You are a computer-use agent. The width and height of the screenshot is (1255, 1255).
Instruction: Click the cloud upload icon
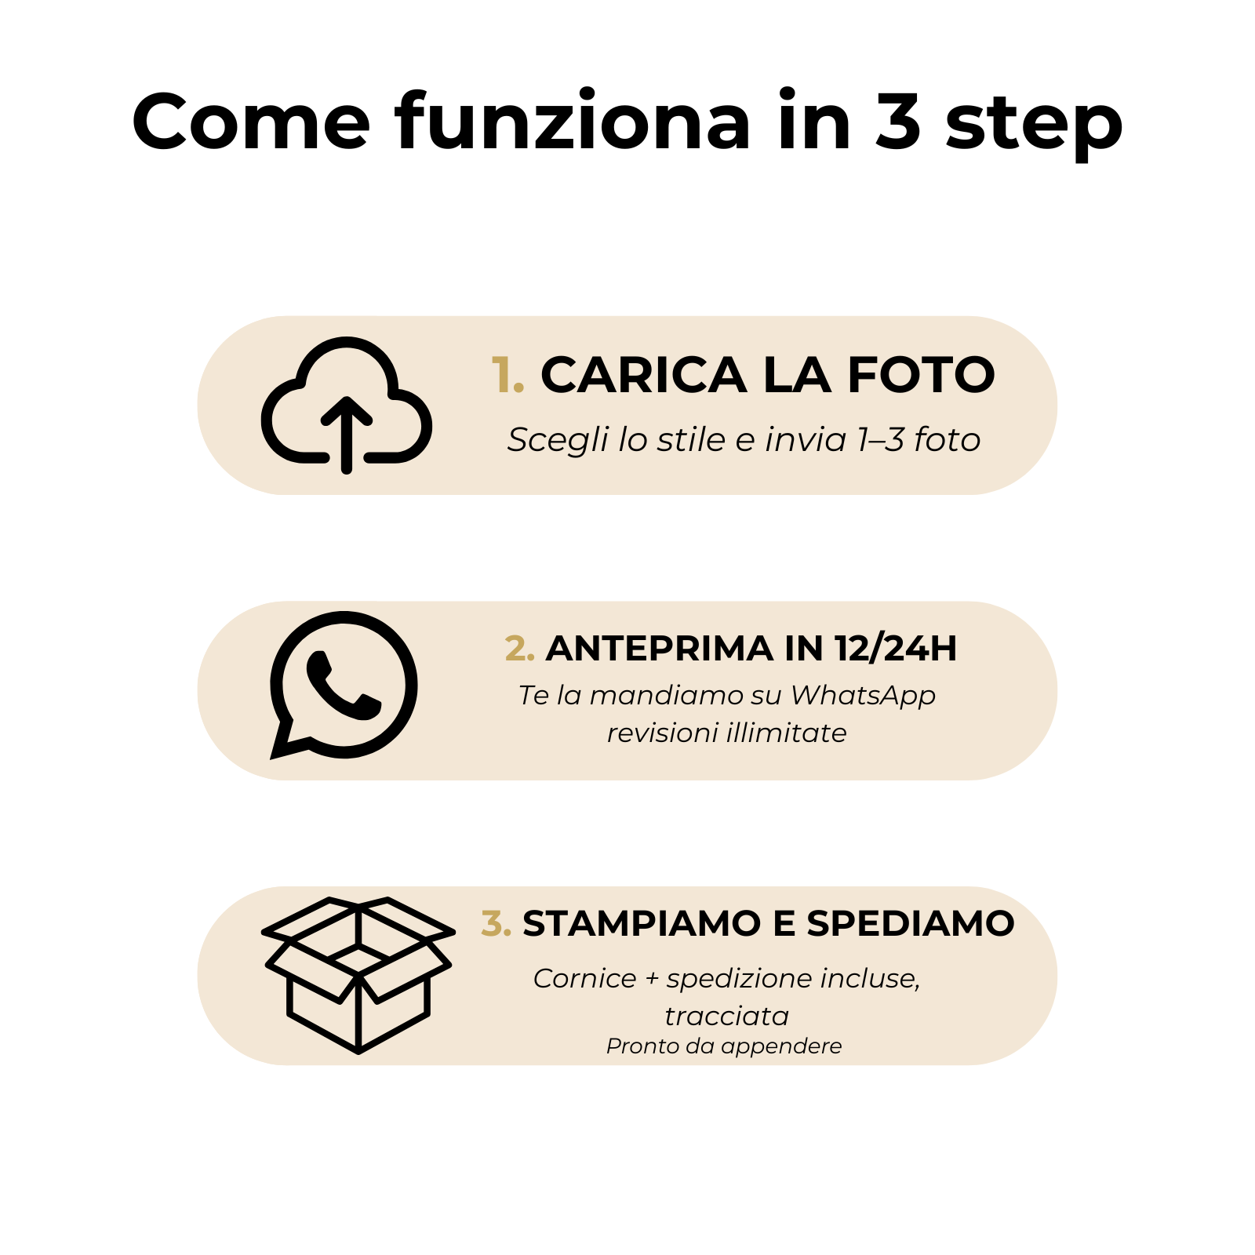tap(346, 439)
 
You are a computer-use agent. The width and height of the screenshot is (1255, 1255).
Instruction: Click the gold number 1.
tap(507, 375)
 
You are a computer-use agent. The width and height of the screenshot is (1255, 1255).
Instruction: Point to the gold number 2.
tap(519, 649)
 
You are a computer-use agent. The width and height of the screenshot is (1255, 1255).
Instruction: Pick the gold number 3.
tap(496, 923)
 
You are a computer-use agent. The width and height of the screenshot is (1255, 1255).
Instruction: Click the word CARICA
tap(644, 375)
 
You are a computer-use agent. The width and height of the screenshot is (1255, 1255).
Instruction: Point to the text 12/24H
tap(896, 649)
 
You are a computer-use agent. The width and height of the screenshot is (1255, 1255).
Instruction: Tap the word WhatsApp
tap(863, 696)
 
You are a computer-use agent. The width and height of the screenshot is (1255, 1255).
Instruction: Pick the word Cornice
tap(585, 978)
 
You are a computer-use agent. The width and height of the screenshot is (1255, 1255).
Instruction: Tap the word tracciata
tap(727, 1016)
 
